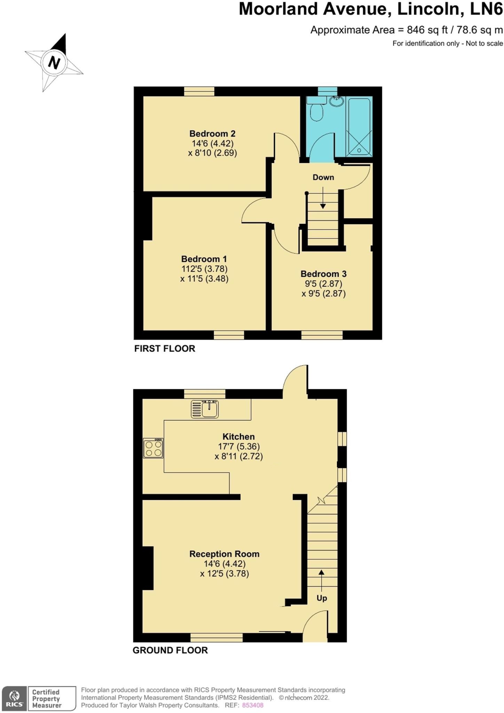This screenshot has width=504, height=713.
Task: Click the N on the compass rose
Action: (54, 63)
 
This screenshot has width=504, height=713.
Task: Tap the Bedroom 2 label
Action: (212, 134)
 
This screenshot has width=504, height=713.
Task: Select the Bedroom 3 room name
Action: (323, 274)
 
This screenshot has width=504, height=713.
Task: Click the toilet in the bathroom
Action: (316, 111)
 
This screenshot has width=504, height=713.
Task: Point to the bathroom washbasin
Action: (337, 101)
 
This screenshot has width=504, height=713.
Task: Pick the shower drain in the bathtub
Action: (359, 150)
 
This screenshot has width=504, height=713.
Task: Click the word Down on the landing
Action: (323, 178)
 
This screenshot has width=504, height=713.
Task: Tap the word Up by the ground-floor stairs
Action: (322, 598)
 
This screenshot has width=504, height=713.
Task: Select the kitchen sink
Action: (205, 409)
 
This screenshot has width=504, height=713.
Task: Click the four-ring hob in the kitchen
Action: (153, 448)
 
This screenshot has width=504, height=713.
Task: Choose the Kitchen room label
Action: (238, 437)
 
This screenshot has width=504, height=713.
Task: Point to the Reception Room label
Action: (224, 554)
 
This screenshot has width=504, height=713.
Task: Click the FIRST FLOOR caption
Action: (165, 348)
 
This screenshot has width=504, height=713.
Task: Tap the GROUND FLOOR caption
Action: (170, 650)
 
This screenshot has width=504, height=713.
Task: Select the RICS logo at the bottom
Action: (14, 698)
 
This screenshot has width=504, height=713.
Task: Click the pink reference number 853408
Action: (253, 705)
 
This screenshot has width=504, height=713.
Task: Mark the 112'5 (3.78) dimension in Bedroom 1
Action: (204, 269)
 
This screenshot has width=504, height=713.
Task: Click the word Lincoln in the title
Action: (430, 9)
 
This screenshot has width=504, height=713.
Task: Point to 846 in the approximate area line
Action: (416, 30)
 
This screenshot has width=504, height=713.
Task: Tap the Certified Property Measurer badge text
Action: (47, 698)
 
